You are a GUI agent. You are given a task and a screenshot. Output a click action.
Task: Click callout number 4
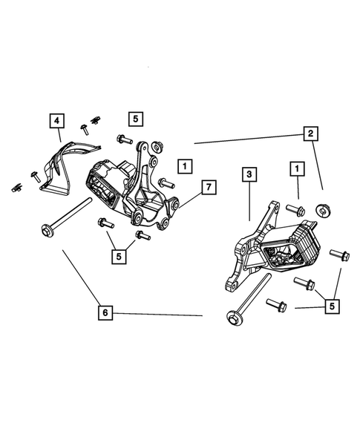58,119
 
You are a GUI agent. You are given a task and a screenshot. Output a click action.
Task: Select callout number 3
250,175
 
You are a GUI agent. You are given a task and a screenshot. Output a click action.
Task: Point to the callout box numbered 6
105,314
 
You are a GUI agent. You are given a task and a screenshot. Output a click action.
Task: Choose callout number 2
307,134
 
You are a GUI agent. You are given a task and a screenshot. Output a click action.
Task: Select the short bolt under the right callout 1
295,210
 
